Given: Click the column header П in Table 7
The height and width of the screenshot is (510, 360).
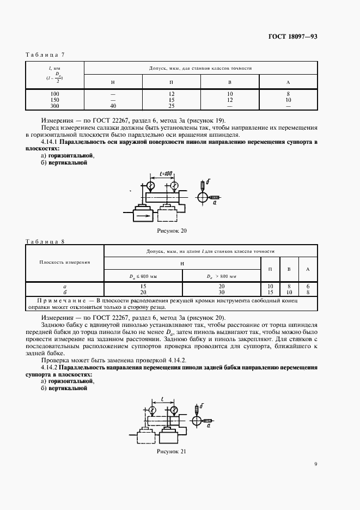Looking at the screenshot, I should [x=172, y=82].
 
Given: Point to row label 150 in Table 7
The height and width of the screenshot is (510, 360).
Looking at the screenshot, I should [x=54, y=100].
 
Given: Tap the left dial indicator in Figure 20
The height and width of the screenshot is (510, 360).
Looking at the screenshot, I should [x=150, y=186].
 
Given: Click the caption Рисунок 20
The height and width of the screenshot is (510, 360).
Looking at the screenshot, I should [x=171, y=231].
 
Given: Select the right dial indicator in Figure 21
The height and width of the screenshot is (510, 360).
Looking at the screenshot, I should [x=173, y=410].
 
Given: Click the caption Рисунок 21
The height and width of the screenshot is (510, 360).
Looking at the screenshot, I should [x=171, y=452].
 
